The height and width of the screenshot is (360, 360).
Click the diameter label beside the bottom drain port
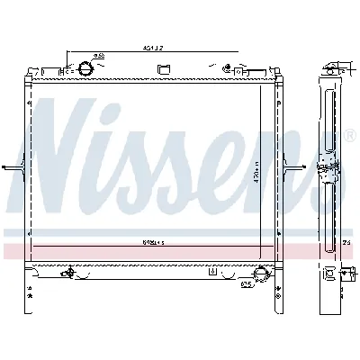tap(244, 287)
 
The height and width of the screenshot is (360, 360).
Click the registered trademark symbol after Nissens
tap(348, 137)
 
